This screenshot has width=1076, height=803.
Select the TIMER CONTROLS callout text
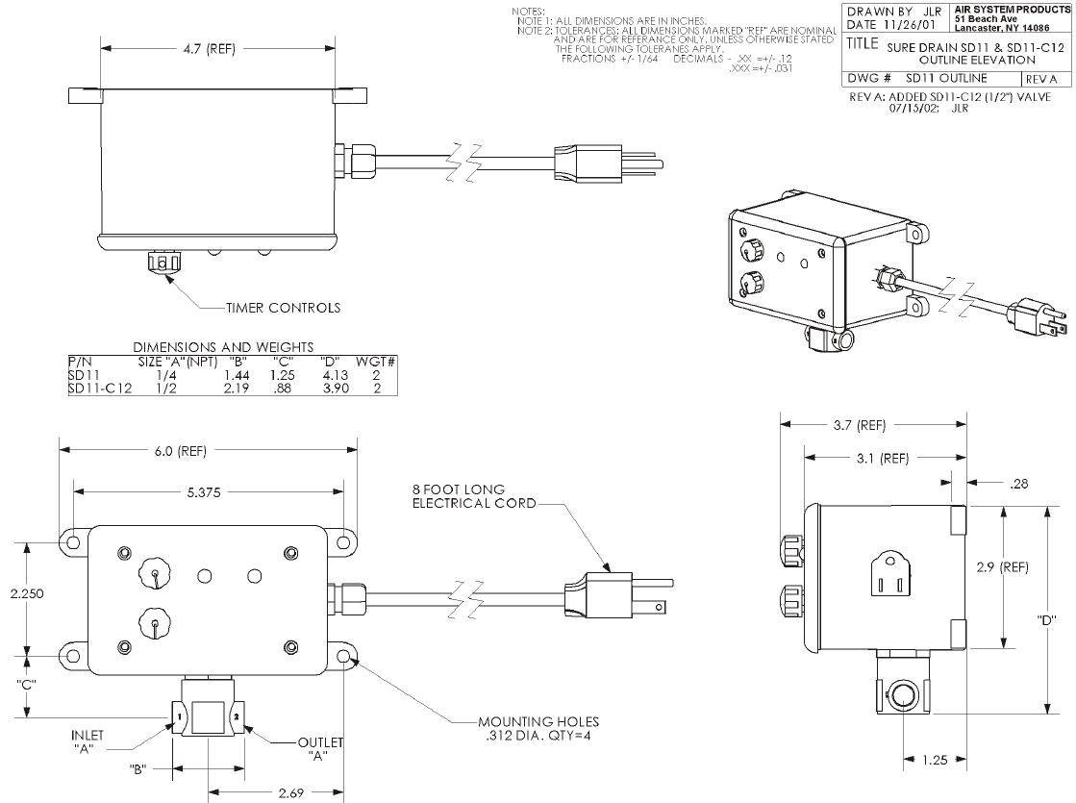tap(283, 309)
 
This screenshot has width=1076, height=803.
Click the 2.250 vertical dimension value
tap(27, 594)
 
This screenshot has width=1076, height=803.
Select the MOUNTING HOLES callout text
tap(538, 727)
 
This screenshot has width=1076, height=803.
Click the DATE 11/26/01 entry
tap(893, 25)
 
